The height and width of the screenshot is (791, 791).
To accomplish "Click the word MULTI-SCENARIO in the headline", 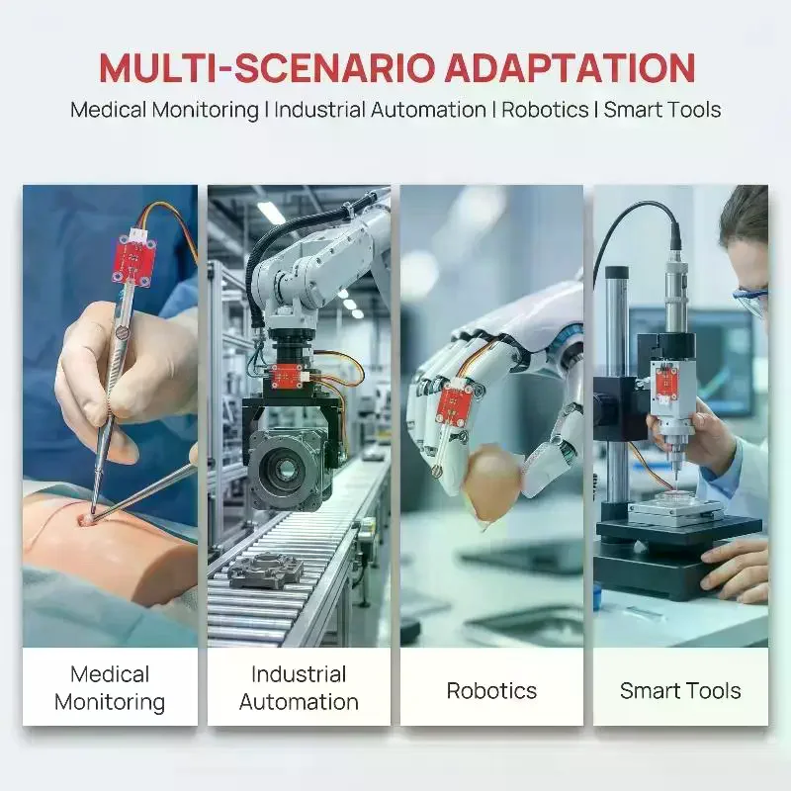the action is pos(267,67).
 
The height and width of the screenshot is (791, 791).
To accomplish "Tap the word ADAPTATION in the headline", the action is pos(571,67).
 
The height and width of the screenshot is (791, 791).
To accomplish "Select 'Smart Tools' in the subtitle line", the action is pos(662,110).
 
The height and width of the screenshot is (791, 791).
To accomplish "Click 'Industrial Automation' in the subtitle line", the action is pos(380,110).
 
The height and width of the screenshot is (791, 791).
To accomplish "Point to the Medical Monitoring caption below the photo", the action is pos(110,688).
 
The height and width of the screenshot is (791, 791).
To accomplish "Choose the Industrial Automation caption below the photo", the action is pos(299,688).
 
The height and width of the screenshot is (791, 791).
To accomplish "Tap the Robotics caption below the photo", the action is pos(491,690).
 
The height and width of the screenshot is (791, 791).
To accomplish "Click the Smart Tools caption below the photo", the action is pos(680,690).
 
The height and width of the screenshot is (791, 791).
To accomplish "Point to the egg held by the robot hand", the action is pos(491,484).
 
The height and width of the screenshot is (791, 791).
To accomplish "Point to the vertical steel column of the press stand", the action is pos(616,384).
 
